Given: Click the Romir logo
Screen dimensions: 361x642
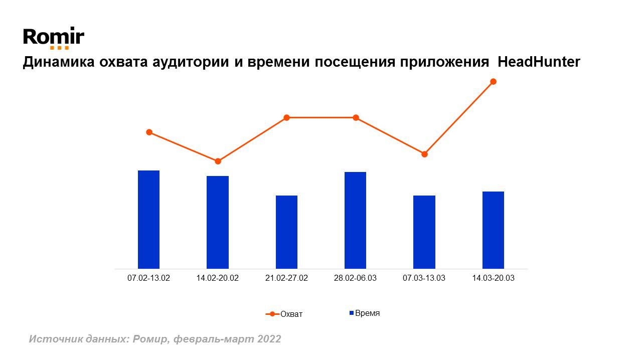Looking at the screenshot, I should [x=54, y=38].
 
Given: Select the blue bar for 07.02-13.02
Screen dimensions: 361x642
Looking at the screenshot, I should [x=148, y=220].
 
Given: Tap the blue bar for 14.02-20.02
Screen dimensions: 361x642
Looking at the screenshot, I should [x=218, y=222].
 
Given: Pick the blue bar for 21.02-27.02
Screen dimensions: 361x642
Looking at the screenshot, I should [x=286, y=232].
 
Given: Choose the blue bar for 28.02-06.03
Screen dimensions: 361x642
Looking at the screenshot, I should [x=355, y=220].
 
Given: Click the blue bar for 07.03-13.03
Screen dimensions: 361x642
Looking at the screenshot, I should [x=424, y=232].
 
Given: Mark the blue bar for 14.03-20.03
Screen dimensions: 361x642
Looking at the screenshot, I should [x=493, y=230].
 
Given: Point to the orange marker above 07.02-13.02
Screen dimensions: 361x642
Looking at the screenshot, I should [x=149, y=132].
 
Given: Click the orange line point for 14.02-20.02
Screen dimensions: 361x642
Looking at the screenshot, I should [x=218, y=161].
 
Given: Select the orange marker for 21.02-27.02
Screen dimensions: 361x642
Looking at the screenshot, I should [x=287, y=118].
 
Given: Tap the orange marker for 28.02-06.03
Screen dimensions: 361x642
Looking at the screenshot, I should [x=356, y=118].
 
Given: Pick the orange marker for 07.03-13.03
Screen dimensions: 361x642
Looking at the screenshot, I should [x=424, y=154].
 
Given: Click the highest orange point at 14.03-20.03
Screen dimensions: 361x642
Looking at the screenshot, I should [x=493, y=82].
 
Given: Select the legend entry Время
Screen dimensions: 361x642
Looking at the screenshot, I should [x=365, y=313].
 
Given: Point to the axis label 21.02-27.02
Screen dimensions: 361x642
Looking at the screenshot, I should [x=286, y=278].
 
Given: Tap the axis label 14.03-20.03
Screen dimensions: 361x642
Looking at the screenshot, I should [x=493, y=278].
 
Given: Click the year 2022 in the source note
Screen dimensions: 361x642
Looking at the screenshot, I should [x=269, y=339].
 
